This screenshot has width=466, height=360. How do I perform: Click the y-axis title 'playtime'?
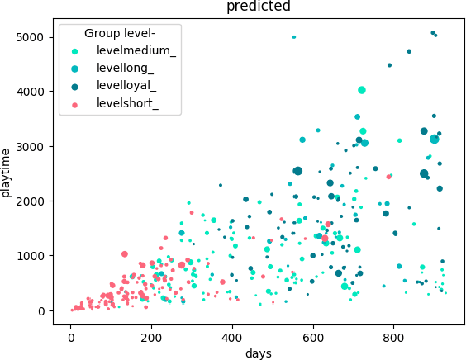[x=7, y=172]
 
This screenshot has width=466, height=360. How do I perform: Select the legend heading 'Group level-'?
[x=120, y=33]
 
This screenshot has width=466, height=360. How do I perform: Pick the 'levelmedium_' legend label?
[x=125, y=51]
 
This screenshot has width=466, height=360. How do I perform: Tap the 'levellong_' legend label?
[x=119, y=69]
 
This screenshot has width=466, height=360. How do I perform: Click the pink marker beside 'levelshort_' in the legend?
[x=76, y=104]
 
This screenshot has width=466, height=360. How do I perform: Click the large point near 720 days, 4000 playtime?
[x=362, y=90]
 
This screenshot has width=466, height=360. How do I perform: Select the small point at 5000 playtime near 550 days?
[x=294, y=37]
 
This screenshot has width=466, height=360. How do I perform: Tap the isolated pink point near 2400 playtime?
[x=388, y=177]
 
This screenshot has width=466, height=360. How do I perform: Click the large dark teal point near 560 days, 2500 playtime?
[x=297, y=171]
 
